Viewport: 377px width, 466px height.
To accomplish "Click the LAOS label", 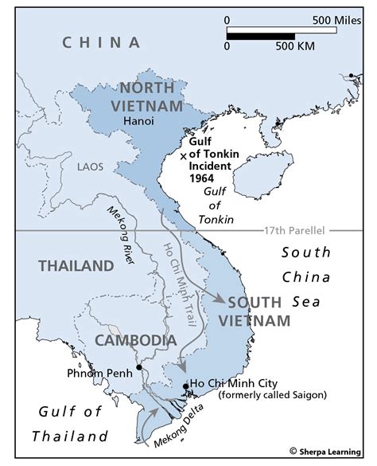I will click(90, 167).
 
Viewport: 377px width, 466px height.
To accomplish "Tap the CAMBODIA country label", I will click(136, 340).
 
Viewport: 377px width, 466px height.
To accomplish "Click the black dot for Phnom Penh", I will click(138, 367).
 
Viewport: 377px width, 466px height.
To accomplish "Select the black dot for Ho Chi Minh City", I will click(186, 386).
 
